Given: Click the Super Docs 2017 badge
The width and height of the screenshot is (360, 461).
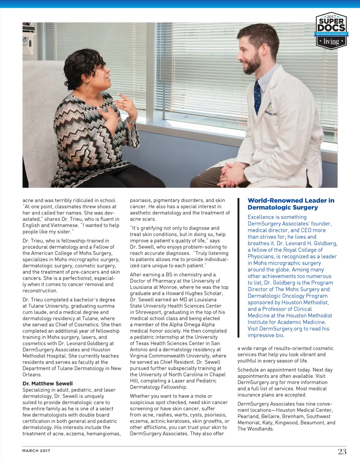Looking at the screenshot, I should click(331, 31).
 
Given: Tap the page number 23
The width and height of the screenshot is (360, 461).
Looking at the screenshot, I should click(342, 452).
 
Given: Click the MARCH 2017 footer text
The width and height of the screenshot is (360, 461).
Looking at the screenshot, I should click(36, 451).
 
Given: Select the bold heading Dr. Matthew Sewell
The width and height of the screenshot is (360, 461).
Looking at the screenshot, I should click(47, 384).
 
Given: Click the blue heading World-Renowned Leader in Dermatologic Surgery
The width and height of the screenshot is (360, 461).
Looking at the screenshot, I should click(291, 204).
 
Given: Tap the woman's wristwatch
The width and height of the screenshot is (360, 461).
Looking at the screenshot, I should click(131, 122).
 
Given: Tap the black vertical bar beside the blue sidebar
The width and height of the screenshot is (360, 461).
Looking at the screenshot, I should click(239, 267).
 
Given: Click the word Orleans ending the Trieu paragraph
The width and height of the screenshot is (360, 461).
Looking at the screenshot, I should click(32, 375).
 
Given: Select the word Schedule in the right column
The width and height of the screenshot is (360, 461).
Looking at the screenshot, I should click(249, 370).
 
